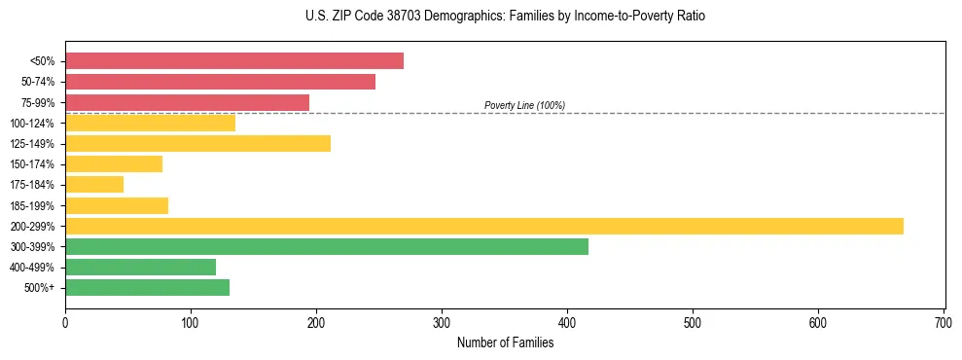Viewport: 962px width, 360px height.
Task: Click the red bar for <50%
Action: coord(234,61)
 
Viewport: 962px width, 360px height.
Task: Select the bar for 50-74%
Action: coord(220,82)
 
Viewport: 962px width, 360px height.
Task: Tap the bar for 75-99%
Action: coord(187,102)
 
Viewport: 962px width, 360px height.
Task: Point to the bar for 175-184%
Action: coord(94,184)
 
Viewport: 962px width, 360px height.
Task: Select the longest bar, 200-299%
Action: coord(484,226)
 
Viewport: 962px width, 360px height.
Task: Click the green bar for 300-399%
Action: coord(327,246)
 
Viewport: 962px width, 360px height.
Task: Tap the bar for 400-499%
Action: coord(140,267)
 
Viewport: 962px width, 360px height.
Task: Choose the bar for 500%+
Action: coord(147,287)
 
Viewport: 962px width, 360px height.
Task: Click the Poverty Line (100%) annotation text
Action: coord(524,105)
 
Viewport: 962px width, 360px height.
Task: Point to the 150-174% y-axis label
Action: coord(32,164)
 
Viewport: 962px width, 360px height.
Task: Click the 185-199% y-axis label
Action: coord(32,205)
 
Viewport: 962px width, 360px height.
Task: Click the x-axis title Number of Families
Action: coord(505,342)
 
